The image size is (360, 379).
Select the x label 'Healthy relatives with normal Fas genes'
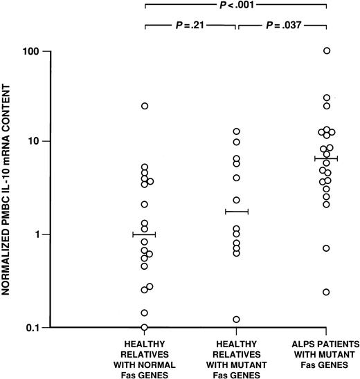click(x=145, y=355)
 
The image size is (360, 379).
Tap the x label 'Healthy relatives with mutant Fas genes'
click(x=236, y=355)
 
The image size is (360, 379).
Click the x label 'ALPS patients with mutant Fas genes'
click(x=326, y=355)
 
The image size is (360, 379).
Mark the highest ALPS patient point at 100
click(x=327, y=50)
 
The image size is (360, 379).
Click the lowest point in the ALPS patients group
click(x=326, y=292)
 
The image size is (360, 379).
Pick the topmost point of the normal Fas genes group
click(x=145, y=106)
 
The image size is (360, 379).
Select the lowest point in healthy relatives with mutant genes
click(x=236, y=320)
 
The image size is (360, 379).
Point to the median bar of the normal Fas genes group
click(x=145, y=234)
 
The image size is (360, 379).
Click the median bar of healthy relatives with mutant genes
click(x=236, y=211)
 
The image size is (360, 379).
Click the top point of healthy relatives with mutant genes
click(x=236, y=131)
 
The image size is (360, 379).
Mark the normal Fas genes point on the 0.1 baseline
click(x=144, y=326)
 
